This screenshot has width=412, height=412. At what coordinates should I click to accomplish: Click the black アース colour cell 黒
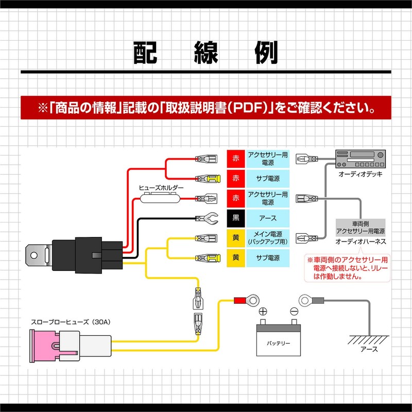pos(236,218)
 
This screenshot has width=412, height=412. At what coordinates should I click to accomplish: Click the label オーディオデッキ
pos(360,175)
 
